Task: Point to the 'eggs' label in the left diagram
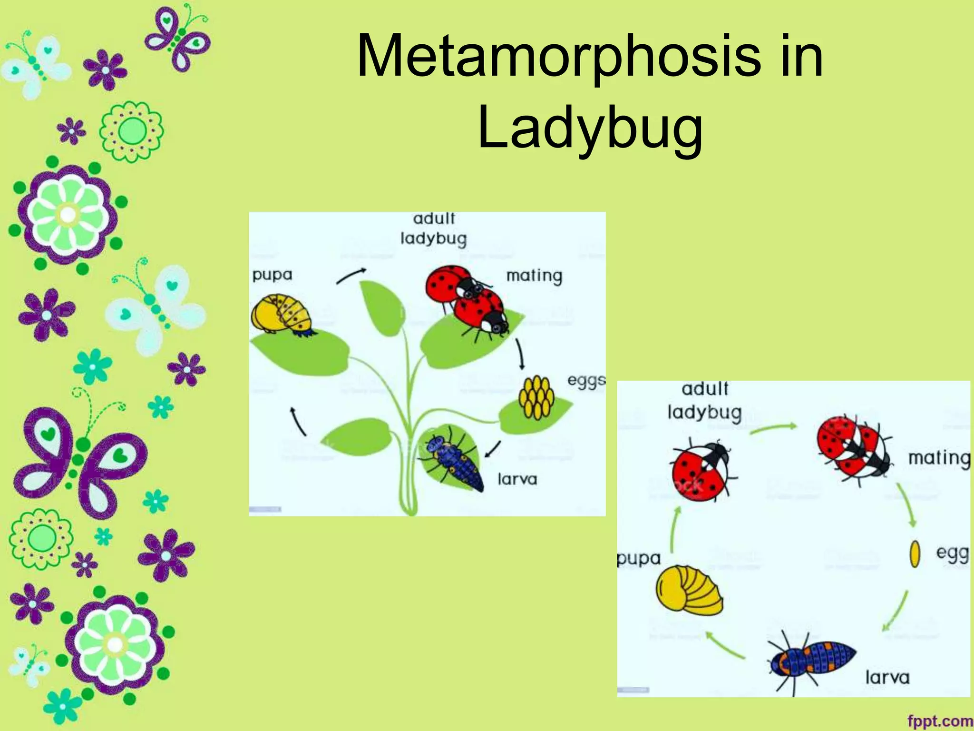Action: (x=586, y=381)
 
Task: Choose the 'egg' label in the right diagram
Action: (x=952, y=553)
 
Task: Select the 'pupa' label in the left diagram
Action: (x=272, y=275)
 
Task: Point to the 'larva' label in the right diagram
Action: (x=887, y=677)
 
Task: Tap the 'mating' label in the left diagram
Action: (x=534, y=276)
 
